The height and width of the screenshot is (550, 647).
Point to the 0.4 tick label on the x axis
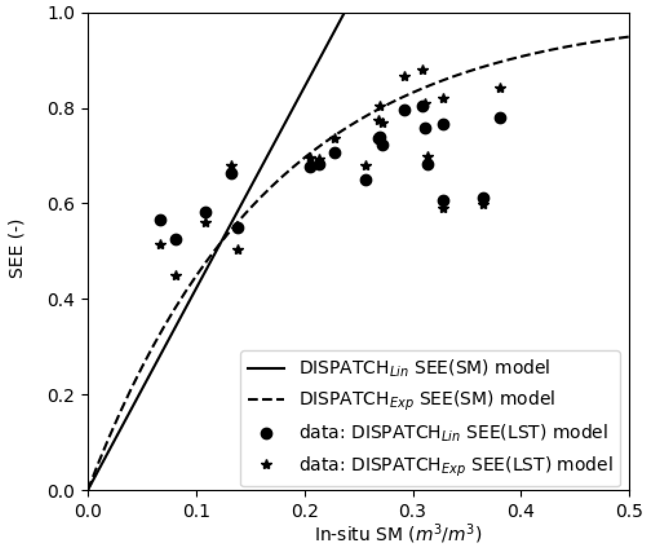coord(521,512)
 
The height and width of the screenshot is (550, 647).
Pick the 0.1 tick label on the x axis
coord(197,512)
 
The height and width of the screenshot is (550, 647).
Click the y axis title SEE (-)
coord(15,249)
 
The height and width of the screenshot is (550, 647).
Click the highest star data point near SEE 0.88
coord(423,70)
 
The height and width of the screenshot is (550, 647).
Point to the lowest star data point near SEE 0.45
coord(176,276)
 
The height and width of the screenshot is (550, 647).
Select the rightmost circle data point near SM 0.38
coord(500,118)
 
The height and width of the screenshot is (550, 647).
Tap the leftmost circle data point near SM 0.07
coord(160,220)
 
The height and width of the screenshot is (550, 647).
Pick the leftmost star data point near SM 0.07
coord(160,245)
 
